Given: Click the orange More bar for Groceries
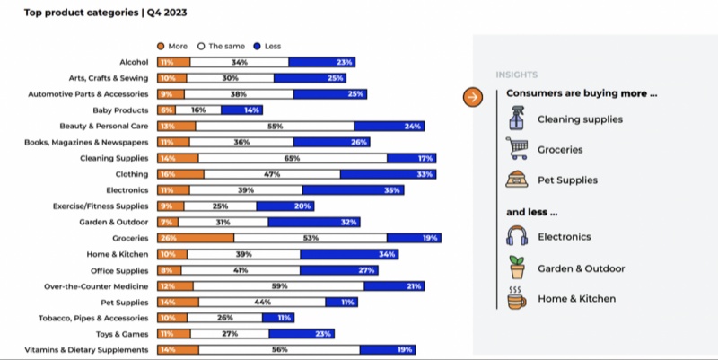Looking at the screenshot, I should click(195, 238).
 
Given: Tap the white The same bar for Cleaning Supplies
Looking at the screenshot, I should click(292, 157).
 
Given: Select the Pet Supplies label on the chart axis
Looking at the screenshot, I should click(125, 302).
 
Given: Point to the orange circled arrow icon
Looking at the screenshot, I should click(473, 97).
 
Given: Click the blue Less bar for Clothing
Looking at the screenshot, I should click(387, 173).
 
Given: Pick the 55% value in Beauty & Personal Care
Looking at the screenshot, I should click(275, 126).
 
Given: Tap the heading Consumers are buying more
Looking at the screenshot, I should click(582, 93).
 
